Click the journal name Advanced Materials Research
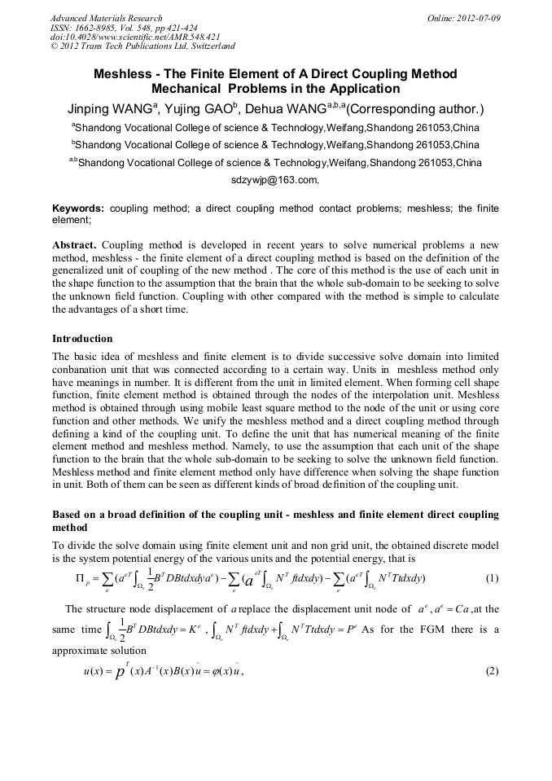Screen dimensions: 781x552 click(x=106, y=18)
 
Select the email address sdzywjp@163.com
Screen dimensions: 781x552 click(x=275, y=179)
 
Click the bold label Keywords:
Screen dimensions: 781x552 click(x=78, y=208)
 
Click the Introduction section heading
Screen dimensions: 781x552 click(x=82, y=338)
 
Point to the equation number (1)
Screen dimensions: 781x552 click(x=491, y=578)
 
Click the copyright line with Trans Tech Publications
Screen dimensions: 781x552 click(x=142, y=47)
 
